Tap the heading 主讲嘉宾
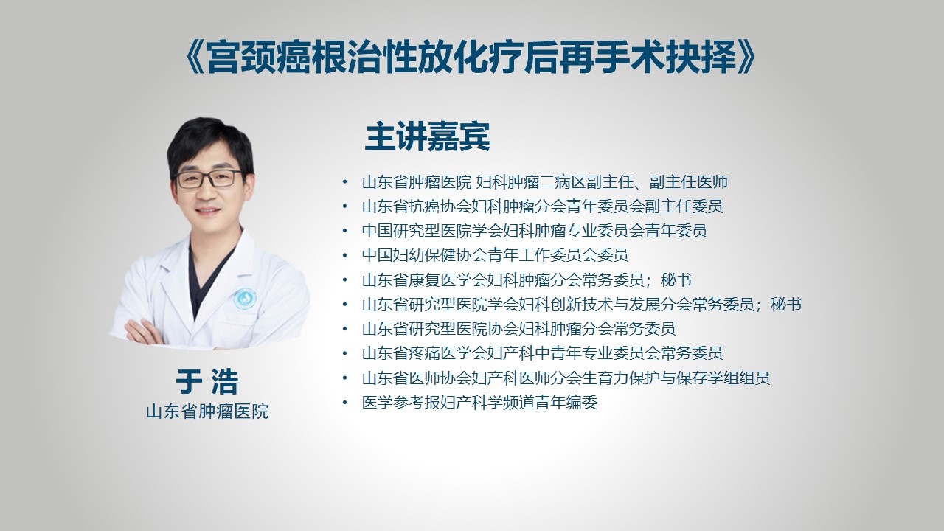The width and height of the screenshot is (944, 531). [427, 136]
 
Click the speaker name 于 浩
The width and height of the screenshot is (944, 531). [207, 381]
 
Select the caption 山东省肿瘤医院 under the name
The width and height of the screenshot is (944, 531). [207, 412]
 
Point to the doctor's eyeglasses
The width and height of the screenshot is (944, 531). [209, 178]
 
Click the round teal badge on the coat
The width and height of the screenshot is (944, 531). [245, 299]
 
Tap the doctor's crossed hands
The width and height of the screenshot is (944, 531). [143, 332]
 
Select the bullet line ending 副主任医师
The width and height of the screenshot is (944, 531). [545, 182]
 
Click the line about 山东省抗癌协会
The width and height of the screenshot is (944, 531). [542, 206]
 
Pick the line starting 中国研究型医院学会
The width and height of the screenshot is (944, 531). [535, 231]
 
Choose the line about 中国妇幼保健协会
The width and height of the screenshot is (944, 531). [495, 255]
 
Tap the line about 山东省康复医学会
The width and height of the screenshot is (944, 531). [527, 280]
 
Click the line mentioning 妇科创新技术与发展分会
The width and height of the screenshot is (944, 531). [582, 305]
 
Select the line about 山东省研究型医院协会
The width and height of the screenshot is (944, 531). [518, 329]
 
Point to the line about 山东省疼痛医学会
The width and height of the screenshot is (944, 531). [542, 353]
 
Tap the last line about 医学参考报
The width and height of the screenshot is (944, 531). [479, 403]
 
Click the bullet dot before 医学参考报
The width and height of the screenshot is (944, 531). [344, 403]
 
